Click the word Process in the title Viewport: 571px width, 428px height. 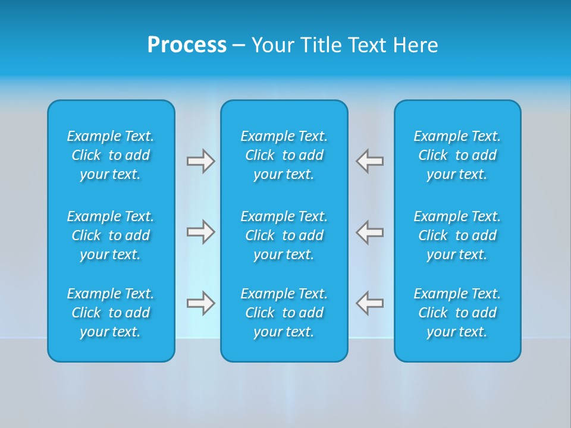(x=187, y=45)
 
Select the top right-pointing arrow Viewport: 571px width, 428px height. (x=200, y=161)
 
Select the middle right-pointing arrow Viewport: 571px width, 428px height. (x=200, y=232)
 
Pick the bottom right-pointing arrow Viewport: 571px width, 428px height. (x=200, y=303)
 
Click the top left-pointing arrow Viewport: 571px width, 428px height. (x=370, y=161)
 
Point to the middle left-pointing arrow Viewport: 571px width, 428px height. (x=370, y=232)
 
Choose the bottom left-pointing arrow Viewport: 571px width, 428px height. (x=370, y=303)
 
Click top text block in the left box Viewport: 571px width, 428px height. (x=111, y=155)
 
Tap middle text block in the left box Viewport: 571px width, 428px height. (x=111, y=235)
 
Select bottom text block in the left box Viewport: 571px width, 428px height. (x=111, y=313)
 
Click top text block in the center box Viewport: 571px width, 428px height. (x=284, y=155)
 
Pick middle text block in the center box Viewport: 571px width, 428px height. (x=284, y=235)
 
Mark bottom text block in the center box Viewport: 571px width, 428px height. (x=284, y=313)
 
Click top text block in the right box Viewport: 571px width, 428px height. (x=457, y=155)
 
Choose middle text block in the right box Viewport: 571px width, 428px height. (x=457, y=235)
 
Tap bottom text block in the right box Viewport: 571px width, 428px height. (x=457, y=313)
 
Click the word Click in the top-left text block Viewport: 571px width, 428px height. (x=86, y=155)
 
